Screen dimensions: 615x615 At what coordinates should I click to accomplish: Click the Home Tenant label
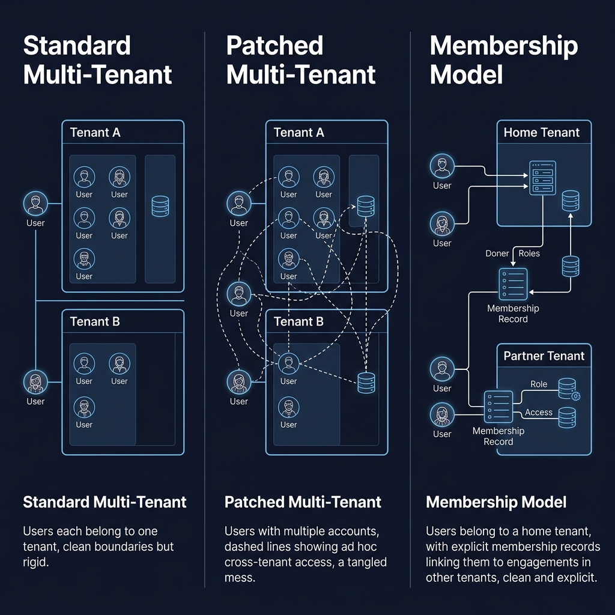pos(542,132)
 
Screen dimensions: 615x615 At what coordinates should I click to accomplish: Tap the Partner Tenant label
pos(544,356)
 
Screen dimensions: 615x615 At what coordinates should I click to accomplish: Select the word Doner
pos(497,253)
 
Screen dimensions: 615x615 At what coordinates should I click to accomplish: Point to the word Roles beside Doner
pos(529,253)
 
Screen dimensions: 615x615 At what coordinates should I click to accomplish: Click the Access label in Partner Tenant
pos(538,412)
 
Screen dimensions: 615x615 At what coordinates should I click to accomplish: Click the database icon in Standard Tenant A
pos(160,206)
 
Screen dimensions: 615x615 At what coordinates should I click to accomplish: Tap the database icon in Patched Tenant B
pos(365,383)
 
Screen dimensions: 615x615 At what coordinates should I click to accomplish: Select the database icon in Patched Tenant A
pos(365,206)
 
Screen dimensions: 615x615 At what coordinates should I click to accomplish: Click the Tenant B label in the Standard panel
pos(95,321)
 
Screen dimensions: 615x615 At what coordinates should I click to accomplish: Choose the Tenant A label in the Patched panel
pos(298,132)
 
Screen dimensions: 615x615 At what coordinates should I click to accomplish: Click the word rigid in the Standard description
pos(35,562)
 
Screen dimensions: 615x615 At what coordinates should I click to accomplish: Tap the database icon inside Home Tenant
pos(570,201)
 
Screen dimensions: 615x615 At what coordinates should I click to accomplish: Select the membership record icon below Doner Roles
pos(513,283)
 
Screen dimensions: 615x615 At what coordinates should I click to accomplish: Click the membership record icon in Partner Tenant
pos(498,406)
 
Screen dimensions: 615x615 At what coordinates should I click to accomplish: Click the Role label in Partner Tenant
pos(539,384)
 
